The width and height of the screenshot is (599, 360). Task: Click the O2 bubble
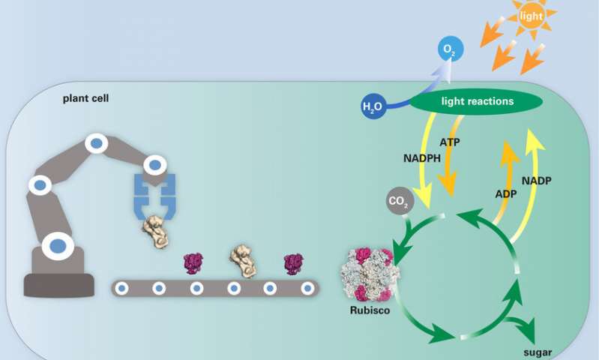point(451,49)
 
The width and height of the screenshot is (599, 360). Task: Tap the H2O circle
point(373,106)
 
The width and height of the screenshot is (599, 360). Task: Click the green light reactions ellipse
point(476,101)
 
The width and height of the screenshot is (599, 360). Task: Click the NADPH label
point(422,157)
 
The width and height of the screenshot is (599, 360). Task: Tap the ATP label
point(450,142)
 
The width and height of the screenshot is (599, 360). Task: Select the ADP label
point(506,194)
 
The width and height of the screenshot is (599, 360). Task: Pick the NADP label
point(536,181)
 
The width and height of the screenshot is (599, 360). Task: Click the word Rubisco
point(370,310)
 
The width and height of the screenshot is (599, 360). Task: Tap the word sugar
point(538,352)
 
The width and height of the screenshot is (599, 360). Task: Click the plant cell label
point(85,98)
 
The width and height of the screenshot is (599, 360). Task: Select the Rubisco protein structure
point(370,274)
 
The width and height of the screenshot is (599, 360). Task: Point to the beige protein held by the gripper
point(156,231)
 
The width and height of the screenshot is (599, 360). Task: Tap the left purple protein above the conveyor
point(193,263)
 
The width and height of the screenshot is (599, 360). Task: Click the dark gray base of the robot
point(58,285)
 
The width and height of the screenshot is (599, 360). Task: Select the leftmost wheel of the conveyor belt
point(121,288)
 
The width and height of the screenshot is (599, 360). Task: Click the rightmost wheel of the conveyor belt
point(307,288)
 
